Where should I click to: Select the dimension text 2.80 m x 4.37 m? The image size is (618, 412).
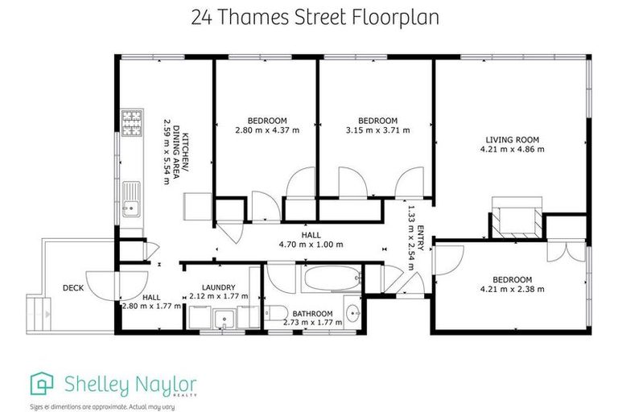pyautogui.click(x=262, y=130)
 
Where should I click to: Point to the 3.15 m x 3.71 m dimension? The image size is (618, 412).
pyautogui.click(x=377, y=130)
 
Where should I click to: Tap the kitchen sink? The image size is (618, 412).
pyautogui.click(x=130, y=199)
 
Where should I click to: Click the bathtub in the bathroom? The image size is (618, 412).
pyautogui.click(x=331, y=281)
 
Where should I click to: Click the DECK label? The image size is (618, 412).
pyautogui.click(x=75, y=287)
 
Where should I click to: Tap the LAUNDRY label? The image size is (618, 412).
pyautogui.click(x=218, y=286)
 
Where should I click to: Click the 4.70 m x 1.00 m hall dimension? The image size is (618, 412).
pyautogui.click(x=311, y=245)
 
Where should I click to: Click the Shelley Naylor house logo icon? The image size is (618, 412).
pyautogui.click(x=42, y=383)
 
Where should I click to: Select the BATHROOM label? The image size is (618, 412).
pyautogui.click(x=313, y=313)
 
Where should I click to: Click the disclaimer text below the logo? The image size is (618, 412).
pyautogui.click(x=103, y=406)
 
